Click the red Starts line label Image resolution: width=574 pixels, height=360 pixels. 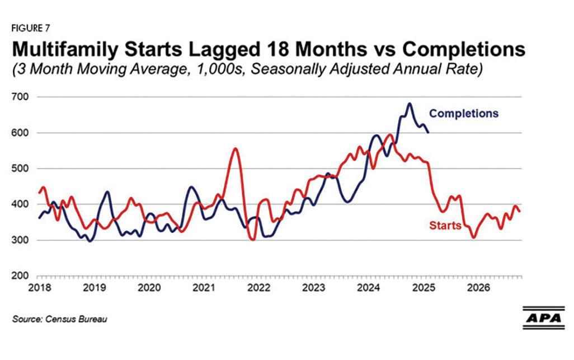[445, 226]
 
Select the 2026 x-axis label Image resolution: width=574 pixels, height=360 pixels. [479, 288]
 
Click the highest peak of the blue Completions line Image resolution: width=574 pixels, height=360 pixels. [410, 104]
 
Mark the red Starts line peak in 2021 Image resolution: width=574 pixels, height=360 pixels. [235, 148]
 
